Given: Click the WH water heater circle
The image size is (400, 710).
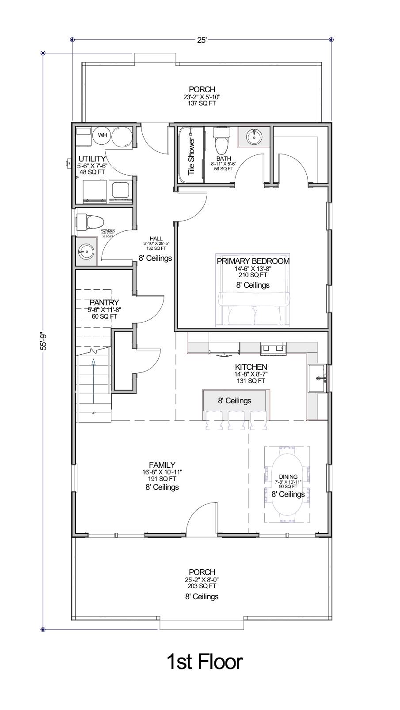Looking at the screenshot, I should tap(103, 135).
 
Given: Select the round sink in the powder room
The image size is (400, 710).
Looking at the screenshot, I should tap(86, 252).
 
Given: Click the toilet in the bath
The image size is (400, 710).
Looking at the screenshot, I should tap(221, 141).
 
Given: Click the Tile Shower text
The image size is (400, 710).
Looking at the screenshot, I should tap(191, 156).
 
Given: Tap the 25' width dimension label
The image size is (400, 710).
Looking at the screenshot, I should tap(202, 40).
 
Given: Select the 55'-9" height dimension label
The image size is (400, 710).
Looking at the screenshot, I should tap(43, 341).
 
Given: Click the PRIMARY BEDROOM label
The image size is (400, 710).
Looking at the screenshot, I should tap(253, 261).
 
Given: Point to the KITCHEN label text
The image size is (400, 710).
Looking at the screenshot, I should tap(251, 367).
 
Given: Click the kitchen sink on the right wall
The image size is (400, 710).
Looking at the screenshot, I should tap(318, 378).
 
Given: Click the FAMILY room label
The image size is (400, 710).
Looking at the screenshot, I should tap(162, 465).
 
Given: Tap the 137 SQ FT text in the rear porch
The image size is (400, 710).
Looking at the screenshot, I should tap(202, 103).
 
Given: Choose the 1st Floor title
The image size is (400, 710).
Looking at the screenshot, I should tap(204, 662).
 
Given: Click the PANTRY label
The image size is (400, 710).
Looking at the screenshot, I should tap(104, 303).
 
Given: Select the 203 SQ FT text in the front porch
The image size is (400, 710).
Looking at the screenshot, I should tap(202, 586).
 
